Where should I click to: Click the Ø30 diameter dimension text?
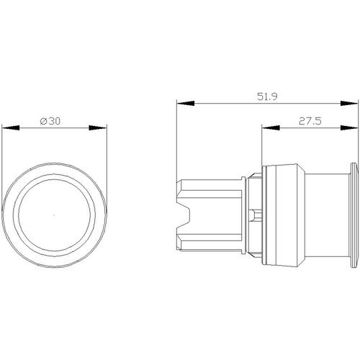(x=50, y=121)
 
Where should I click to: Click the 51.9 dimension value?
(x=267, y=96)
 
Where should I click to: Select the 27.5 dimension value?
(x=310, y=121)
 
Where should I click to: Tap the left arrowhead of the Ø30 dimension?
(x=11, y=127)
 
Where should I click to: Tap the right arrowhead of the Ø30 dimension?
(x=98, y=127)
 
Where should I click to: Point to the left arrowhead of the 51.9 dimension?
(x=185, y=103)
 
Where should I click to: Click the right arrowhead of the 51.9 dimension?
(x=349, y=103)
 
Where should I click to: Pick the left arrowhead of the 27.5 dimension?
(x=271, y=127)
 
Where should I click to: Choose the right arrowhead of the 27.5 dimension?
(x=349, y=127)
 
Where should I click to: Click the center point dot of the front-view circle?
(x=54, y=215)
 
